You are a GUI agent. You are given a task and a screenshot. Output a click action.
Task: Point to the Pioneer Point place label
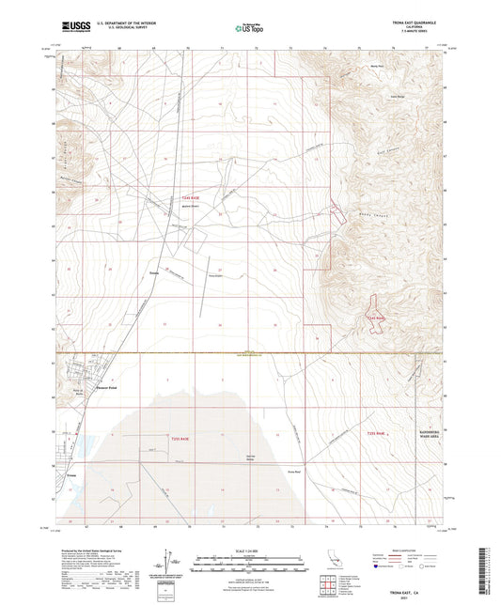tap(108, 385)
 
